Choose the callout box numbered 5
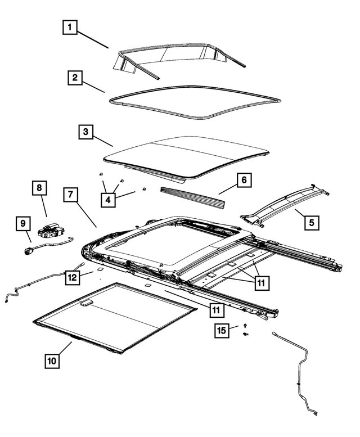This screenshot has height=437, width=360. pyautogui.click(x=310, y=223)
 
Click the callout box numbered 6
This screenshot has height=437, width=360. pyautogui.click(x=244, y=181)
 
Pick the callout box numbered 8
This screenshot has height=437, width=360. pyautogui.click(x=40, y=188)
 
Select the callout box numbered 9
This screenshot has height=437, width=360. pyautogui.click(x=22, y=224)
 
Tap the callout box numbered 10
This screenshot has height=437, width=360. pyautogui.click(x=51, y=360)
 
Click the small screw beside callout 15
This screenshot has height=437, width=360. pyautogui.click(x=246, y=326)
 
